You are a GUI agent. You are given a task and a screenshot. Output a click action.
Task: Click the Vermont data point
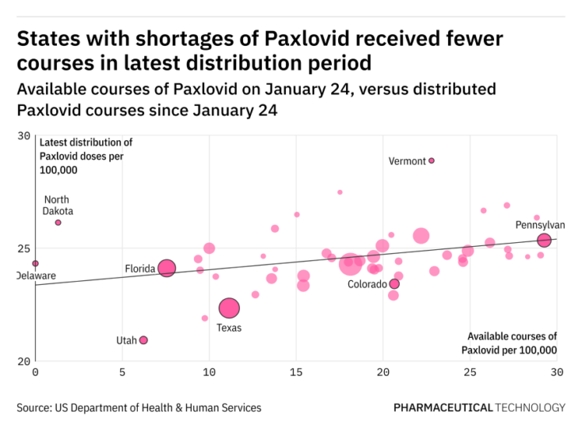coord(432,161)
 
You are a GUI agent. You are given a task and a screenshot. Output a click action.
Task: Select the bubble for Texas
coord(229,308)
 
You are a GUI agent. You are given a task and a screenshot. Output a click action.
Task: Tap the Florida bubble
coord(166,268)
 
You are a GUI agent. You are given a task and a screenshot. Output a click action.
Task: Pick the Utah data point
coord(143,340)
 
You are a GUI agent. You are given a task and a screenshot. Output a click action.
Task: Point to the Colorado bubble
coord(394,283)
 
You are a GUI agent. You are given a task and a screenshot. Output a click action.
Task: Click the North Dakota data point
coord(58,222)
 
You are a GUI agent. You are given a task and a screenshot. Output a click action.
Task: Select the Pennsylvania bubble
coord(544,240)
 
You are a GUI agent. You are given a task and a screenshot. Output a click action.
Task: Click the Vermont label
coord(407,161)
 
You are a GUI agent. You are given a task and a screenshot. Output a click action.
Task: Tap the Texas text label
coord(229,328)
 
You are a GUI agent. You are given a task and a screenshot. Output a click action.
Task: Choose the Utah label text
coord(126,340)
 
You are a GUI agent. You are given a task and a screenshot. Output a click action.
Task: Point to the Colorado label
coord(367,284)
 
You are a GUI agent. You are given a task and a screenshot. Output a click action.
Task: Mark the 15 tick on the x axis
coord(296,371)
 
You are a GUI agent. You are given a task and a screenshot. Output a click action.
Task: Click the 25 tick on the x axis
coord(470,371)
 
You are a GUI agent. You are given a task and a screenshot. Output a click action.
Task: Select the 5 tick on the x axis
coord(122,371)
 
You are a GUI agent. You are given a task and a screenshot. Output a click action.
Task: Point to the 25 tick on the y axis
coord(23,248)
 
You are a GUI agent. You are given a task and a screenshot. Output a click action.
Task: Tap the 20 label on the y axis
coord(23,361)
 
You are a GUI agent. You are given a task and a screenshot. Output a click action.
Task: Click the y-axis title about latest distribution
coord(86,156)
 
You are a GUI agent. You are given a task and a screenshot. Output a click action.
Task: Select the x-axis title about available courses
coord(512,343)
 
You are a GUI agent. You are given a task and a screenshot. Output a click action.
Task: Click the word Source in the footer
coord(33,408)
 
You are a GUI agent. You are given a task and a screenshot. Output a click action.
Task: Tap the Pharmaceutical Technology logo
coord(479,408)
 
